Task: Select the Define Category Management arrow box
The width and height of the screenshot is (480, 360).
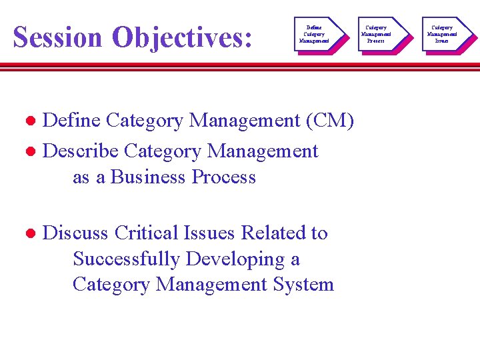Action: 315,34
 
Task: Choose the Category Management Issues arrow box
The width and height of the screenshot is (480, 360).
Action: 442,34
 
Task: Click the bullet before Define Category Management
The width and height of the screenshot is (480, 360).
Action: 30,121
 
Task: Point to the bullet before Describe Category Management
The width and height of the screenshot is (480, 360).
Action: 30,152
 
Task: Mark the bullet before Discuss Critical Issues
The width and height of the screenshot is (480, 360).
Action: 30,233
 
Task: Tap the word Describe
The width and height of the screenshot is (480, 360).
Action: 81,151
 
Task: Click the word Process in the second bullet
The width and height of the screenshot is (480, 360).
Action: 224,177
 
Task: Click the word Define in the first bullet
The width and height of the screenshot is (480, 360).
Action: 71,121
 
